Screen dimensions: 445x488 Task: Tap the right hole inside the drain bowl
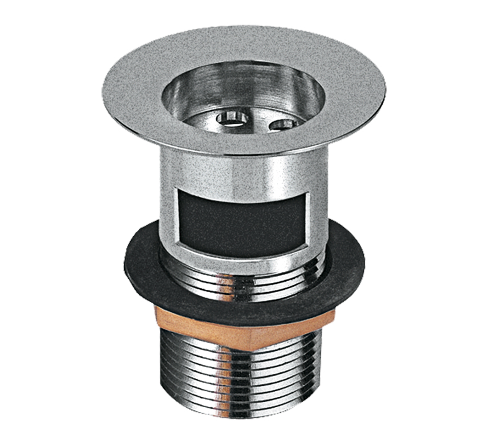point(283,123)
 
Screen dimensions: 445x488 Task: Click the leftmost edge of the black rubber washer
point(126,256)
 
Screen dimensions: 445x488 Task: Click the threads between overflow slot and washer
point(241,274)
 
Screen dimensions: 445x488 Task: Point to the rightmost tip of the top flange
point(385,89)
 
